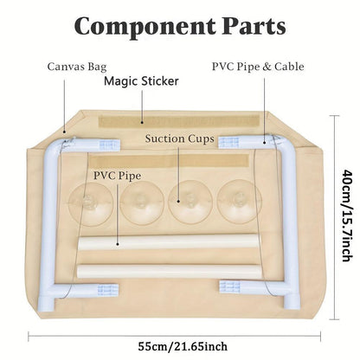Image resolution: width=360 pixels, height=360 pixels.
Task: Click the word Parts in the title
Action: (254, 26)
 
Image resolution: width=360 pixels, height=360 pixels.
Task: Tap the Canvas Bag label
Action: (77, 67)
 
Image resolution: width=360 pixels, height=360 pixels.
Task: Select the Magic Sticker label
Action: (141, 81)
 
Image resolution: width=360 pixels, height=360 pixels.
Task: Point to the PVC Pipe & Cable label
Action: (258, 67)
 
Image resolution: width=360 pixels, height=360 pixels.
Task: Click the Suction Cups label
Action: (179, 138)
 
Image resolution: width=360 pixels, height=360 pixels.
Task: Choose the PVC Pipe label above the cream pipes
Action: (117, 176)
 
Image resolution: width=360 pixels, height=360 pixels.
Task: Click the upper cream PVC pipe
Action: (169, 242)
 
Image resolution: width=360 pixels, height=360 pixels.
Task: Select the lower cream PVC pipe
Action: (169, 271)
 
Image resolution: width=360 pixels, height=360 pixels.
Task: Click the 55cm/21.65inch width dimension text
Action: (183, 346)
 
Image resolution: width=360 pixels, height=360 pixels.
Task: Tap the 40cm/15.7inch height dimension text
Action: (347, 215)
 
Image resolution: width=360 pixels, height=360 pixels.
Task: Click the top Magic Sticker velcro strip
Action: (179, 121)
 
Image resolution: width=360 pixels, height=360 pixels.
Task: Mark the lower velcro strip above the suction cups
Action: (169, 160)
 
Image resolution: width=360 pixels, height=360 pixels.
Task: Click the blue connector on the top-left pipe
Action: (109, 145)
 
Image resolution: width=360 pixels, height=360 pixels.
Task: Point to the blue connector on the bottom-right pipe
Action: (229, 286)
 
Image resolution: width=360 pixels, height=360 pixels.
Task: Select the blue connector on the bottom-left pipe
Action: (108, 290)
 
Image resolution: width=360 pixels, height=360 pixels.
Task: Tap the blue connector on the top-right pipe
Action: (228, 142)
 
